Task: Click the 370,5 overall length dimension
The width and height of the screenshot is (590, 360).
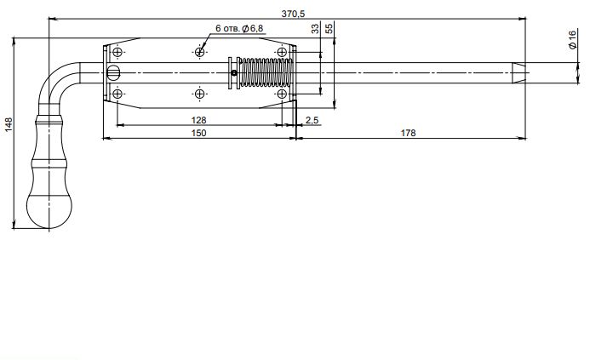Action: click(x=293, y=14)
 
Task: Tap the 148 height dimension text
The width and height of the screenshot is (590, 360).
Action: click(x=9, y=124)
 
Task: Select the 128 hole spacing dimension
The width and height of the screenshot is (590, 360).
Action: click(x=198, y=120)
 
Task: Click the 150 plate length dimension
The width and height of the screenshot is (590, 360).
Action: click(x=198, y=133)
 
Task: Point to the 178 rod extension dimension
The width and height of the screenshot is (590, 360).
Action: click(x=409, y=133)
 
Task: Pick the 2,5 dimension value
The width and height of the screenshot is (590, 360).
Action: click(x=312, y=120)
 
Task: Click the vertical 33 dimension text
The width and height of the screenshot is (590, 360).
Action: click(x=315, y=29)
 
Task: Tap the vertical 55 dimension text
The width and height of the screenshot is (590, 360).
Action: click(x=329, y=29)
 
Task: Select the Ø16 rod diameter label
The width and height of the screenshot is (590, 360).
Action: click(x=572, y=39)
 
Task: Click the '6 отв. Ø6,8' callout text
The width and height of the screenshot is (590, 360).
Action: click(x=239, y=28)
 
